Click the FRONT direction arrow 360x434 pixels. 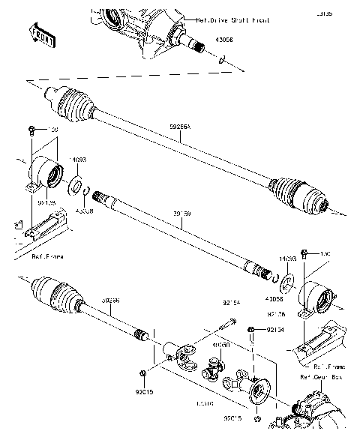pyautogui.click(x=42, y=33)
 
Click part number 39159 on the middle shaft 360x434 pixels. pyautogui.click(x=181, y=214)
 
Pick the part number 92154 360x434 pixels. pyautogui.click(x=230, y=303)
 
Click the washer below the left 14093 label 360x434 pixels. pyautogui.click(x=77, y=184)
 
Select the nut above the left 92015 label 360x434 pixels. pyautogui.click(x=142, y=373)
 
